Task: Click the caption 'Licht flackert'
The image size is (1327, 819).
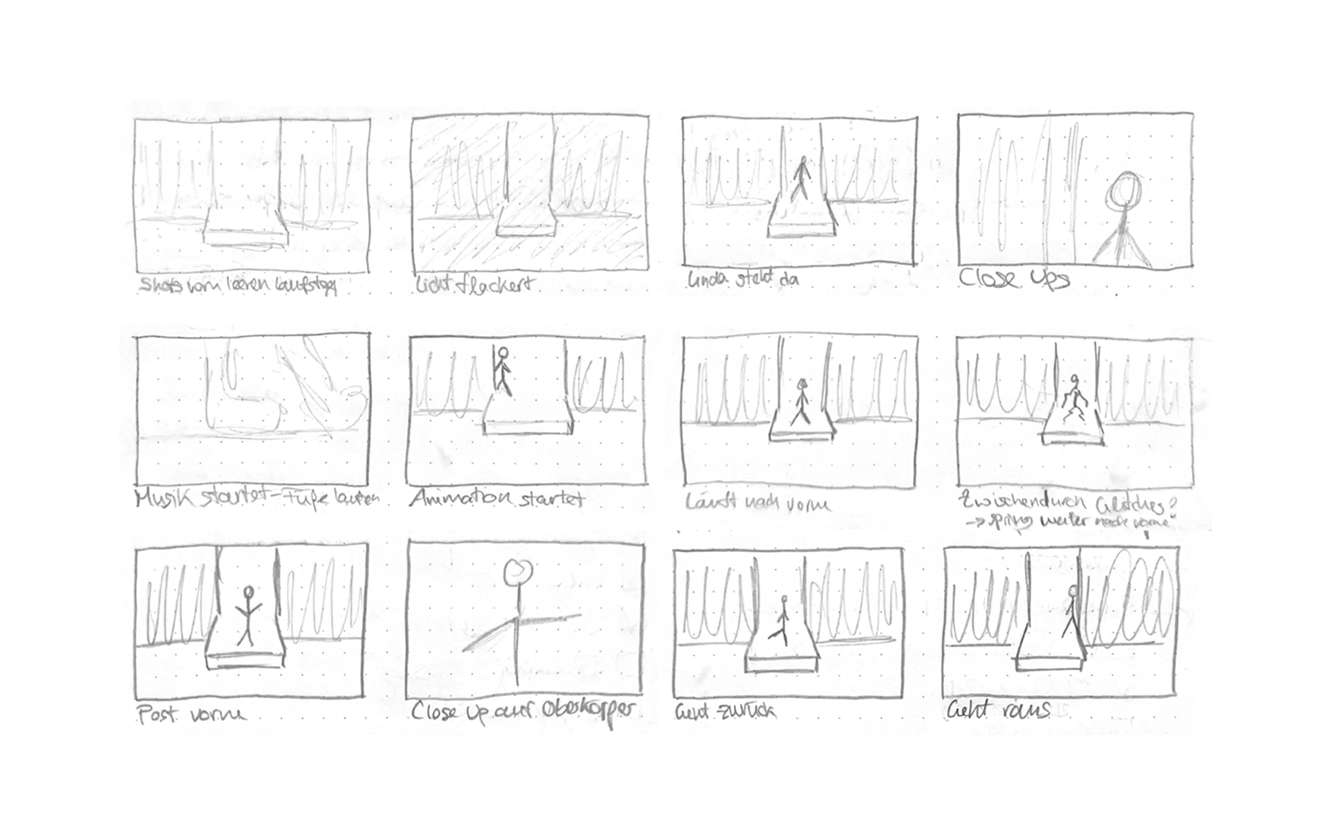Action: coord(475,286)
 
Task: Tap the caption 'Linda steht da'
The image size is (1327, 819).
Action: coord(742,279)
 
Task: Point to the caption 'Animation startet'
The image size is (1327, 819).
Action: coord(497,499)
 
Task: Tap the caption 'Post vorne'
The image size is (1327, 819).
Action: coord(191,714)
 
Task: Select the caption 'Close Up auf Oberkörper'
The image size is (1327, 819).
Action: coord(523,711)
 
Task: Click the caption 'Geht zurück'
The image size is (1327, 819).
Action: coord(724,711)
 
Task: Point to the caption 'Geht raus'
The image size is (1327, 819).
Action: coord(998,711)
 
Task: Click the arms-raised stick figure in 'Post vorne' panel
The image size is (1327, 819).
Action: coord(246,614)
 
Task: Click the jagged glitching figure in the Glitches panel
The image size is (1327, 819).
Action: coord(1072,400)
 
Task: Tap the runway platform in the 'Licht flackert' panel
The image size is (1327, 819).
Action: coord(526,230)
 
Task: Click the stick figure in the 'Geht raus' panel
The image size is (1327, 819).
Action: coord(1071,610)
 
